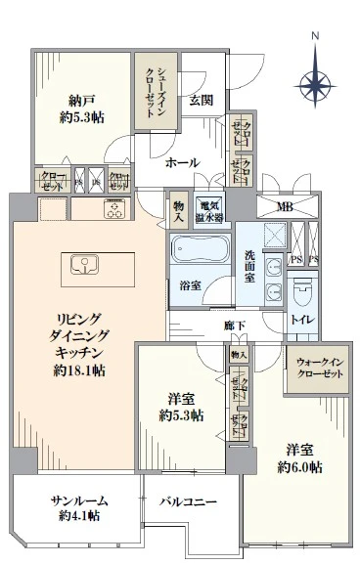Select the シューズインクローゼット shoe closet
(x=156, y=91)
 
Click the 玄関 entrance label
(x=202, y=100)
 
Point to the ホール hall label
(x=183, y=162)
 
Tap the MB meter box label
(x=285, y=206)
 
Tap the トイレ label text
(x=301, y=320)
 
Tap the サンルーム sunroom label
(x=79, y=500)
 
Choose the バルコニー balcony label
(x=189, y=501)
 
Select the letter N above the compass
(x=315, y=37)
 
